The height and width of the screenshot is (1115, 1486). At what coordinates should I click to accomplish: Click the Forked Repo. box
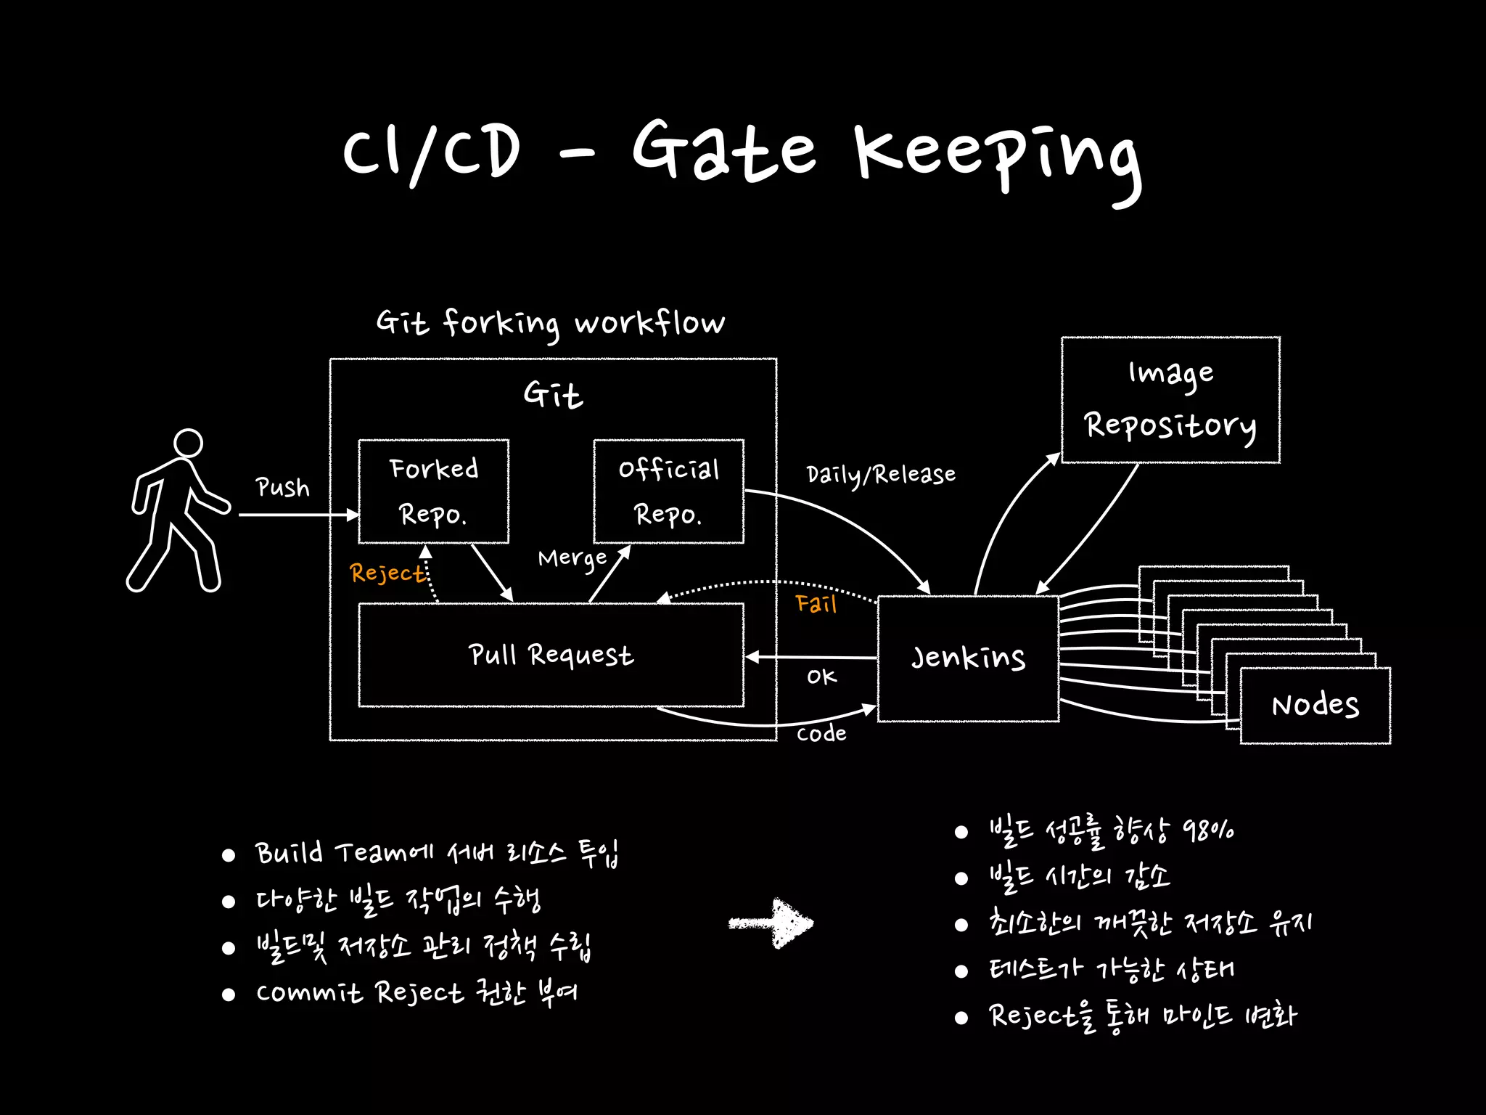433,491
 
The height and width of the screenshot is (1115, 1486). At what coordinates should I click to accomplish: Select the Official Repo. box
668,491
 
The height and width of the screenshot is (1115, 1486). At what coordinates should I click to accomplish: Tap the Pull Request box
551,655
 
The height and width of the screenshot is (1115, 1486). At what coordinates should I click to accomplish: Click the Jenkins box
968,658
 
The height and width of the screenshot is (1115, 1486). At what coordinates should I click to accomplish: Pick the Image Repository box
1170,400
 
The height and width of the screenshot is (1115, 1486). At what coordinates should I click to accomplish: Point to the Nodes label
1315,706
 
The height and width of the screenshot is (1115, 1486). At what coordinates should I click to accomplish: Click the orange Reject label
387,573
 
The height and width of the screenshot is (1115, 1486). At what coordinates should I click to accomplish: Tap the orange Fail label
816,604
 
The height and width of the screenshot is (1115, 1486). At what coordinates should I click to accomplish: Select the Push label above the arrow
282,488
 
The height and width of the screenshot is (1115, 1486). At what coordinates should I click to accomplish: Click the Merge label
572,559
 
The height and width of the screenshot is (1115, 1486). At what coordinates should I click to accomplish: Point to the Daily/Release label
881,475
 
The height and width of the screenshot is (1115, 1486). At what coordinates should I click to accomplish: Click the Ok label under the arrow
821,677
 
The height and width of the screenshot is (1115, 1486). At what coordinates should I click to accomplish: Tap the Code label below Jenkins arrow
821,734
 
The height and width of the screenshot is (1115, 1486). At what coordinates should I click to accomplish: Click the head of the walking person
188,443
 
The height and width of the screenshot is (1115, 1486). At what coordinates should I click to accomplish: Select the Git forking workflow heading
550,323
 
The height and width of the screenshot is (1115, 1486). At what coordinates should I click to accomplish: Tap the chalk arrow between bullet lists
773,923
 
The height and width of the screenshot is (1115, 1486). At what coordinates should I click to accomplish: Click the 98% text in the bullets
1208,830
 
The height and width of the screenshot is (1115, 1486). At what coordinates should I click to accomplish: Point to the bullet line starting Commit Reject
416,993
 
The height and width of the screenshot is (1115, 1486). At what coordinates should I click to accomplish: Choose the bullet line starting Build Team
435,854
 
